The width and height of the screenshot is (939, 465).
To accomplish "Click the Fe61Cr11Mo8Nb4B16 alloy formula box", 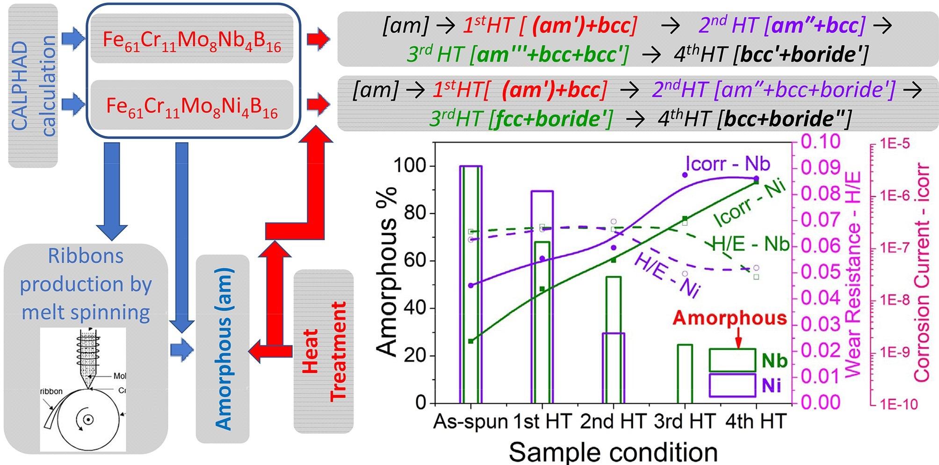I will [x=192, y=39].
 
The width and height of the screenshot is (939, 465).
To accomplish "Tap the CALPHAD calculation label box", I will [x=33, y=86].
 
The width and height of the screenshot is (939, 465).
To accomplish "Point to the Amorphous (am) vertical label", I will [x=223, y=349].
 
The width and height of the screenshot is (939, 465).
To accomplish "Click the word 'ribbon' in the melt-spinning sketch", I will [x=51, y=391].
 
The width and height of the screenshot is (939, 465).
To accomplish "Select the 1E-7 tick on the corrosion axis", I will [x=895, y=248].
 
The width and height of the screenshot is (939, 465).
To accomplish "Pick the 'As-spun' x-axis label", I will [x=470, y=422].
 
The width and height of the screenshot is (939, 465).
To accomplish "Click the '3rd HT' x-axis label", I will [x=685, y=422].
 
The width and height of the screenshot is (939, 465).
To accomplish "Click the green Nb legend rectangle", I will [x=732, y=360].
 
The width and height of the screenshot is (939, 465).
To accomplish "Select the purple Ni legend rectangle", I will [x=732, y=386].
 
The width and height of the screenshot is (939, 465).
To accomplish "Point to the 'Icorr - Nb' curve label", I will [x=728, y=164].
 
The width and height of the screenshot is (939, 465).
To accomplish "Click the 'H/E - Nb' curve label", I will [x=750, y=244].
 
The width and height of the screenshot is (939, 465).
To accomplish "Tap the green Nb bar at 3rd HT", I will [x=685, y=374].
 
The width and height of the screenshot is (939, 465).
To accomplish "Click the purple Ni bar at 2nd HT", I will [x=613, y=368].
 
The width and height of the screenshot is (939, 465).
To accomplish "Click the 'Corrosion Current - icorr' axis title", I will [x=921, y=272].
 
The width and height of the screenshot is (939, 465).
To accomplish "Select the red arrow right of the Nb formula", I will [x=318, y=39].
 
